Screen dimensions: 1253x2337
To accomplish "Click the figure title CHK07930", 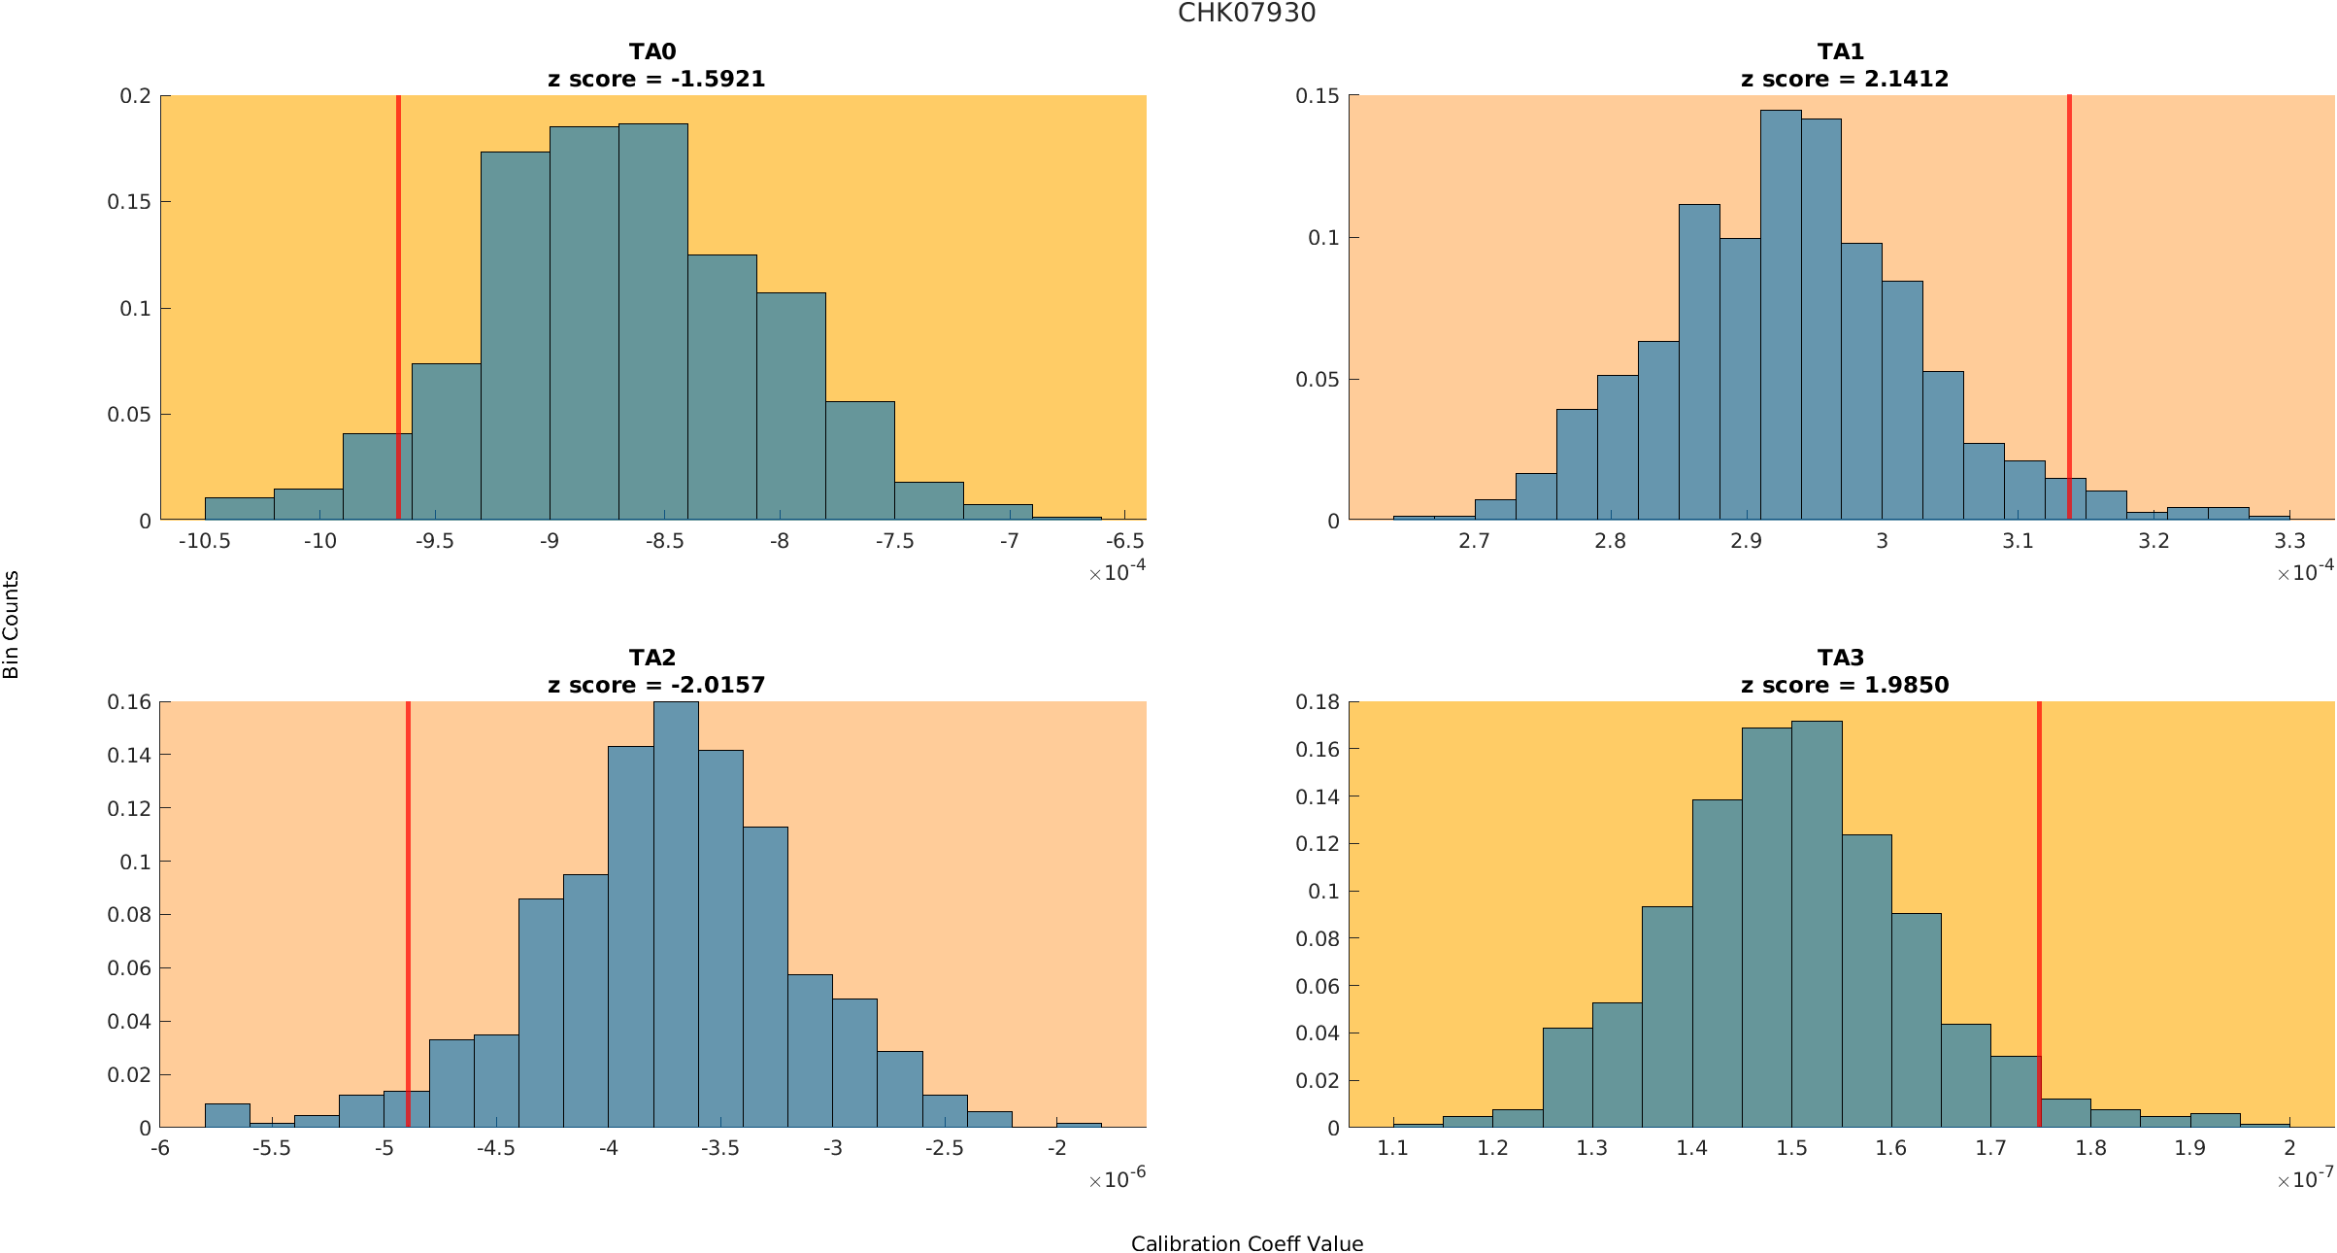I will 1247,14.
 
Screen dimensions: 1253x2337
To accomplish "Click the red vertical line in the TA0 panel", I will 398,291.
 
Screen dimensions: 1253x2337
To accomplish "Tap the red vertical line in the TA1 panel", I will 2069,291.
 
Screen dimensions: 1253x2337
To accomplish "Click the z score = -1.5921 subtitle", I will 656,80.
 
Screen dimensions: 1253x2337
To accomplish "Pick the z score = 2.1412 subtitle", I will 1844,80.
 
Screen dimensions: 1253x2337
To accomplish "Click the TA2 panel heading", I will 652,658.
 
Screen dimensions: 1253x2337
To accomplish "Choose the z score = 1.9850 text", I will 1844,686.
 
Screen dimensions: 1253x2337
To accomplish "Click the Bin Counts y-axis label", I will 12,625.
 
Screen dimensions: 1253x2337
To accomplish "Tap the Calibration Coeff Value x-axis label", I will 1247,1244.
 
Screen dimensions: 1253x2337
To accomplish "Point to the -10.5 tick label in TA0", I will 205,541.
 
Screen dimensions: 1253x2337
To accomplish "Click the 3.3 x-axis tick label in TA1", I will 2289,541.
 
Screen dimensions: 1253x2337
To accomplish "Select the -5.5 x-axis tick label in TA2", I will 272,1148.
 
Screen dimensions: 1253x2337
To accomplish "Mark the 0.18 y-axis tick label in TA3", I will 1318,702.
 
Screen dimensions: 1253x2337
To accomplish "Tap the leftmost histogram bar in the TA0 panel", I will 239,509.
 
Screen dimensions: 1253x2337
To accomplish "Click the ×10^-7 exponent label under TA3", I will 2305,1180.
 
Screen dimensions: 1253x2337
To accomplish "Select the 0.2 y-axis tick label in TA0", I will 136,96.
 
